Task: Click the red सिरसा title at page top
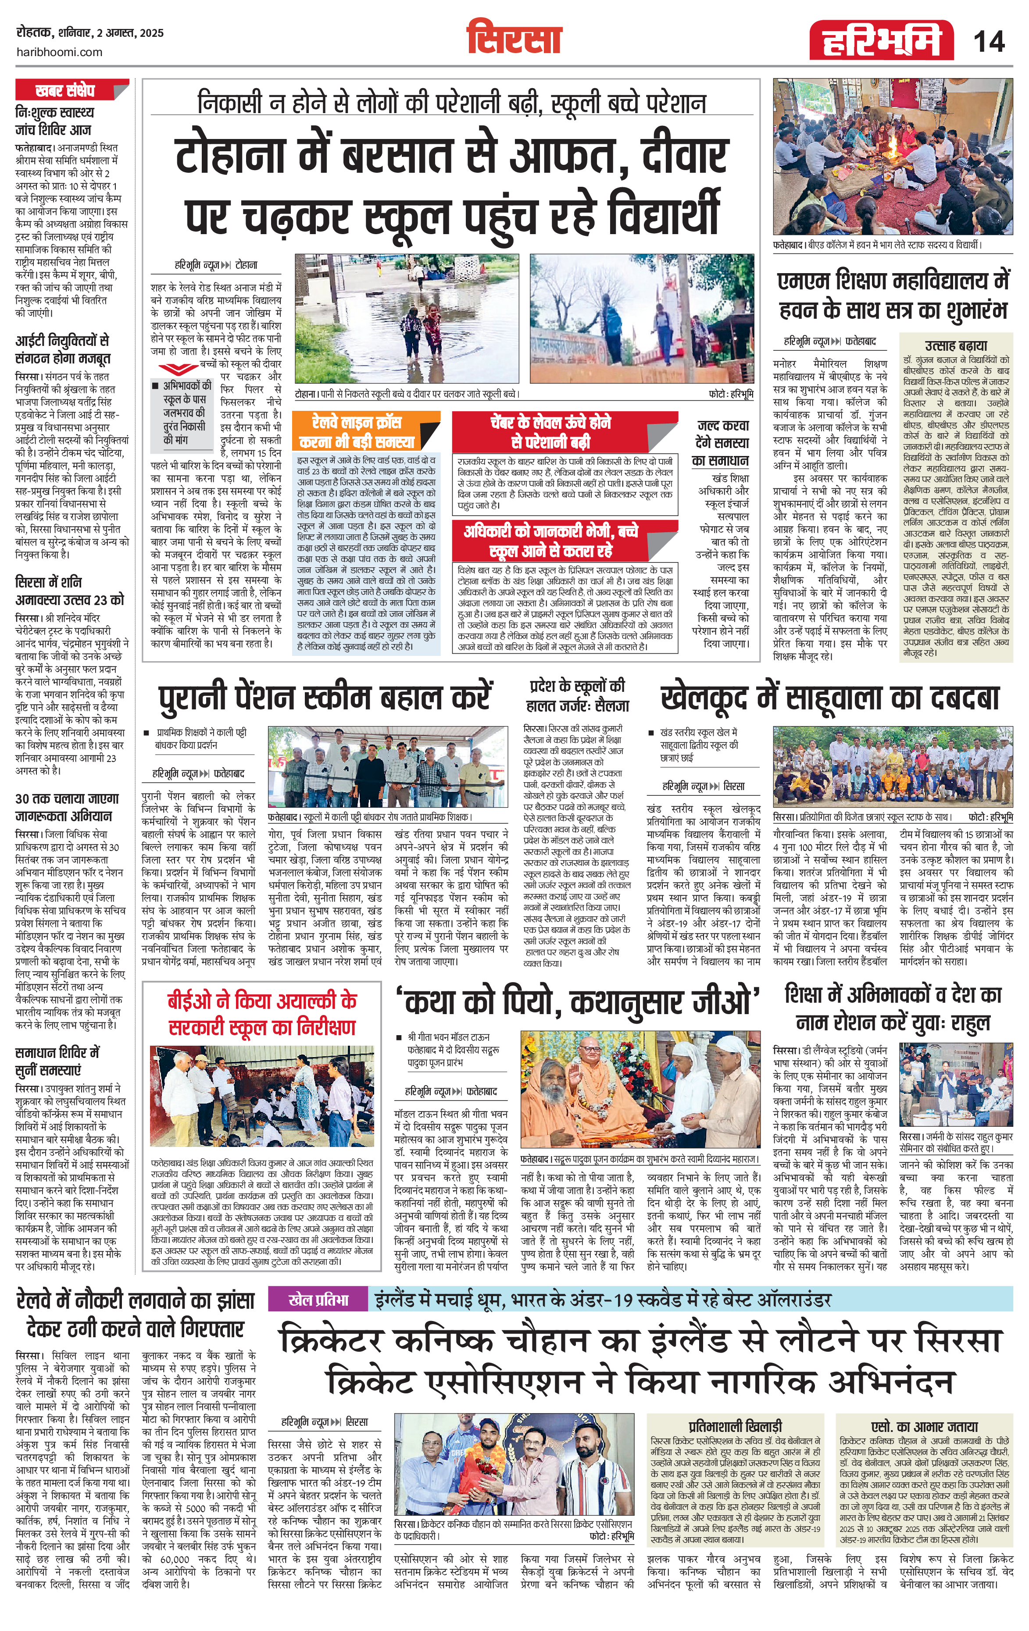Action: coord(514,38)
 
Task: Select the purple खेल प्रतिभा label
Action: coord(318,1298)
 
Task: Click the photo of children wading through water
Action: coord(407,318)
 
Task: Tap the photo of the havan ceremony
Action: coord(893,156)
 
